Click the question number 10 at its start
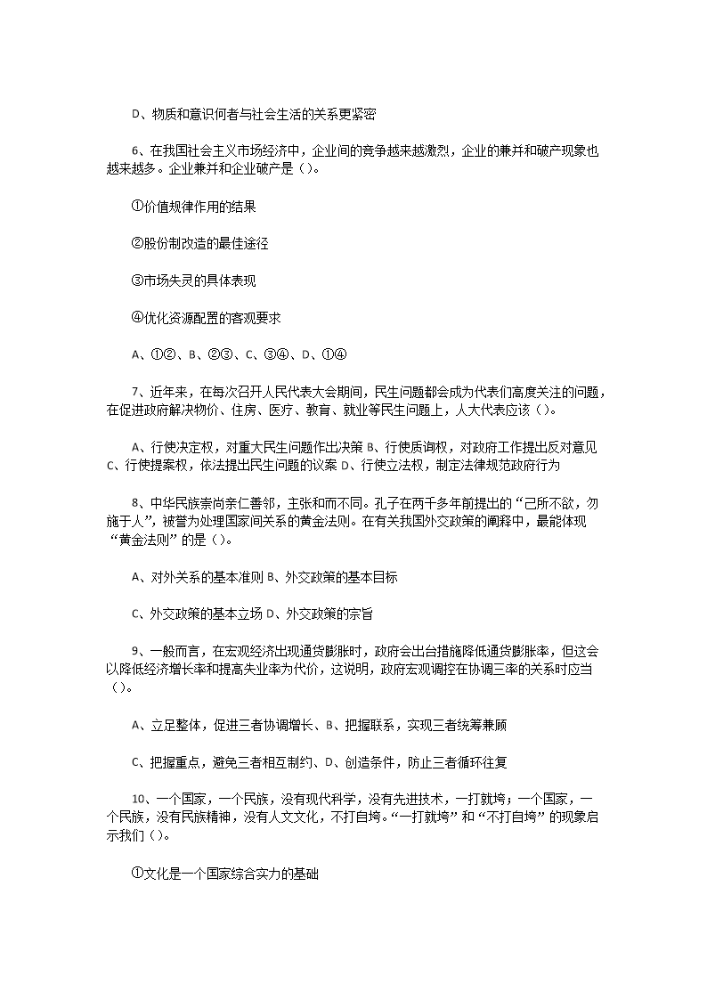140,799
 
